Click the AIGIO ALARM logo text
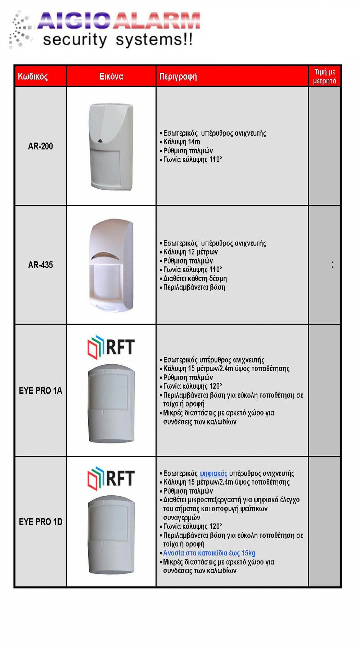coord(119,21)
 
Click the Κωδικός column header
coord(33,76)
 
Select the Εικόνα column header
coord(111,76)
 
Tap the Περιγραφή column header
coord(178,76)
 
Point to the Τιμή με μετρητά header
coord(324,76)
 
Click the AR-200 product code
coord(40,146)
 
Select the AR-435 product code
coord(40,265)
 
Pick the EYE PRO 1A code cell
coord(40,391)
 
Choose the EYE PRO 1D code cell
coord(40,522)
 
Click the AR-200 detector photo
coord(111,146)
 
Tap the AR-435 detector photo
coord(111,265)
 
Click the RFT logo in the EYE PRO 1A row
coord(111,347)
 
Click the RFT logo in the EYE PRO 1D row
coord(111,479)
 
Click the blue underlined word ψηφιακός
coord(213,473)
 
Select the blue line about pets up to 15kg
coord(209,553)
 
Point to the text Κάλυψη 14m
coord(182,142)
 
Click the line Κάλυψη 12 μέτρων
coord(190,252)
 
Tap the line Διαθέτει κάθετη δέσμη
coord(195,279)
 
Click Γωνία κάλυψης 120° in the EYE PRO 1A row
coord(193,386)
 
